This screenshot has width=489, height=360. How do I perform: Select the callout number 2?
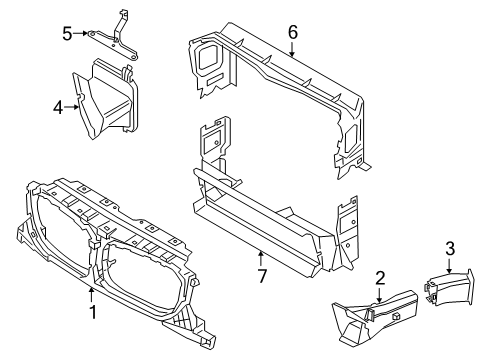381,278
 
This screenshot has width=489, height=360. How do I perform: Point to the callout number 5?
67,34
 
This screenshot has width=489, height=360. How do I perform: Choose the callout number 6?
293,32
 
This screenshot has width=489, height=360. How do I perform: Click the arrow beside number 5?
83,34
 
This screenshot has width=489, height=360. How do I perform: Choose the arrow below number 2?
381,294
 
